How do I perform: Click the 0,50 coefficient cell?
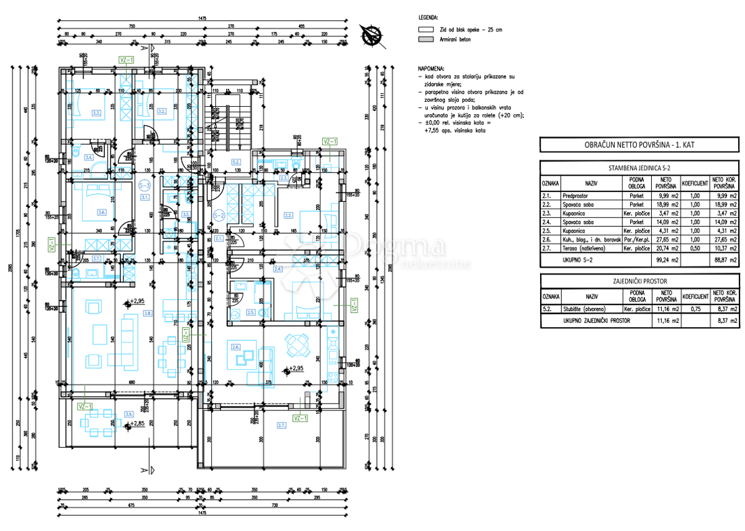(x=695, y=247)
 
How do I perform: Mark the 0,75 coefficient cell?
(x=695, y=309)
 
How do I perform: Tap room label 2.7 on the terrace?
(x=281, y=425)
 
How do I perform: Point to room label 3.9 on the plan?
(x=129, y=414)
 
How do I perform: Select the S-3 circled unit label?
(x=145, y=184)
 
